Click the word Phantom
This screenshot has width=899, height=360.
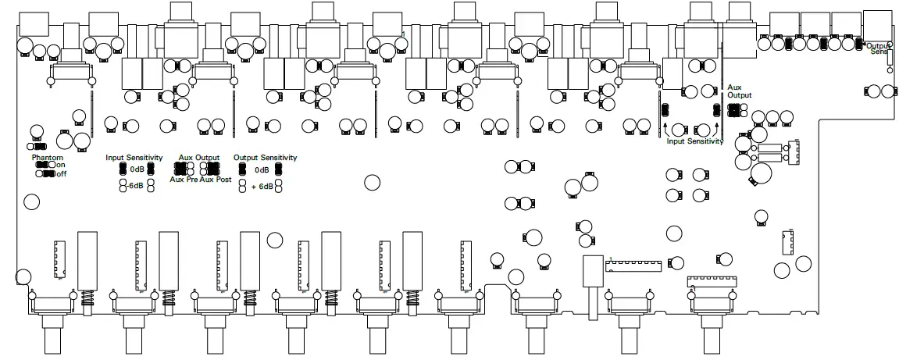click(46, 157)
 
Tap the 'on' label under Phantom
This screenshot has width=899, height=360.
click(61, 165)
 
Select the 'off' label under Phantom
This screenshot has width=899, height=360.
click(61, 173)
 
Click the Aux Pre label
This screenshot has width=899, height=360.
click(184, 179)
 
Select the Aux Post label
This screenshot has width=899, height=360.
click(215, 179)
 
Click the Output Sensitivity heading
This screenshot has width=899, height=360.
click(266, 157)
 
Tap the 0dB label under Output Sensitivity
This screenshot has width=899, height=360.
click(262, 169)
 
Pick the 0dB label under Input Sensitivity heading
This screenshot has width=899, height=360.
click(137, 169)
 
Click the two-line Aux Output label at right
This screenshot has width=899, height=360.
click(739, 91)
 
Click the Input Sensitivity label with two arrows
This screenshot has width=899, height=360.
click(694, 141)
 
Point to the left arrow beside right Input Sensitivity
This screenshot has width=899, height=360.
click(665, 128)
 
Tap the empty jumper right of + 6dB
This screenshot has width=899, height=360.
click(279, 187)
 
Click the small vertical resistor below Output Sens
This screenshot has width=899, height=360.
click(889, 62)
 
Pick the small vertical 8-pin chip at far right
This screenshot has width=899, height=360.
click(787, 242)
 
